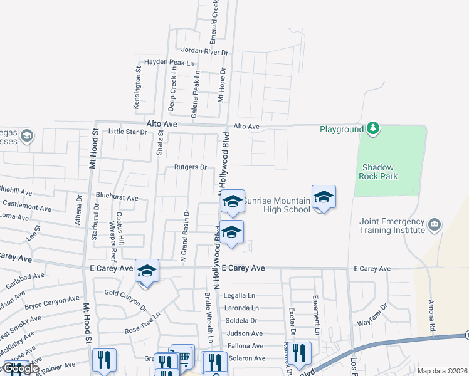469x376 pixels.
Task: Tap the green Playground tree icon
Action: click(374, 128)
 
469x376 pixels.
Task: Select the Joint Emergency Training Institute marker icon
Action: click(434, 224)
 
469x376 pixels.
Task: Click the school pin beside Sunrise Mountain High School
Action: click(324, 197)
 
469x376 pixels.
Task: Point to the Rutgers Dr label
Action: click(191, 167)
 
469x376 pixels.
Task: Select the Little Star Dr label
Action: click(127, 132)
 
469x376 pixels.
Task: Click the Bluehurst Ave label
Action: click(116, 198)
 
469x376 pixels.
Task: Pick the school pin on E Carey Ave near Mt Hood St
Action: click(147, 271)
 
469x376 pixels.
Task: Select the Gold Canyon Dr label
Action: click(125, 298)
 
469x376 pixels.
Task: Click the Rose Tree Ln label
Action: click(142, 328)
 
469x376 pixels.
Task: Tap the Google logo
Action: click(21, 368)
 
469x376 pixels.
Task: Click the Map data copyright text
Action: click(441, 371)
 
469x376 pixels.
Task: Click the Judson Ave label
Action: click(245, 333)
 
